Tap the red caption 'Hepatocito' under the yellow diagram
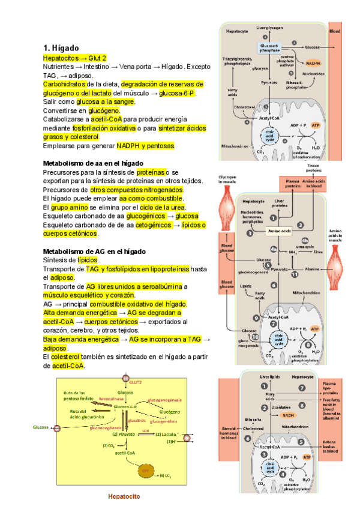124,496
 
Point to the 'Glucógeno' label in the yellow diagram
173,411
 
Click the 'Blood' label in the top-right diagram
335,31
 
